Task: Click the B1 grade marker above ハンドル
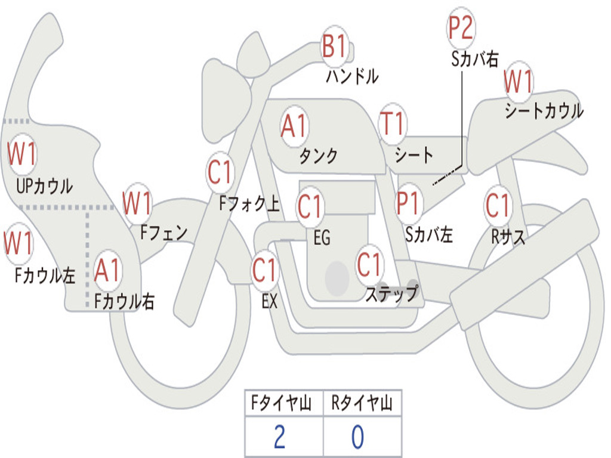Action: click(335, 46)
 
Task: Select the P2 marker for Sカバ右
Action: click(460, 29)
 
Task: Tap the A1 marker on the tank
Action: click(294, 126)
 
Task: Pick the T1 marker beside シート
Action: click(392, 124)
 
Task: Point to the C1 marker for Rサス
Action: click(497, 206)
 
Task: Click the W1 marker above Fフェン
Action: click(137, 203)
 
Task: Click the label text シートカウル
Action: click(544, 112)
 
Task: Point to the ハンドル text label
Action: click(352, 76)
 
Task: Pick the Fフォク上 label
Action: click(249, 205)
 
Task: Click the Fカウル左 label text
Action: click(45, 275)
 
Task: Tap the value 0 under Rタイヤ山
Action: click(357, 437)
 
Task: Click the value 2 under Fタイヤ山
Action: click(279, 437)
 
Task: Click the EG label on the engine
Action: click(322, 237)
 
